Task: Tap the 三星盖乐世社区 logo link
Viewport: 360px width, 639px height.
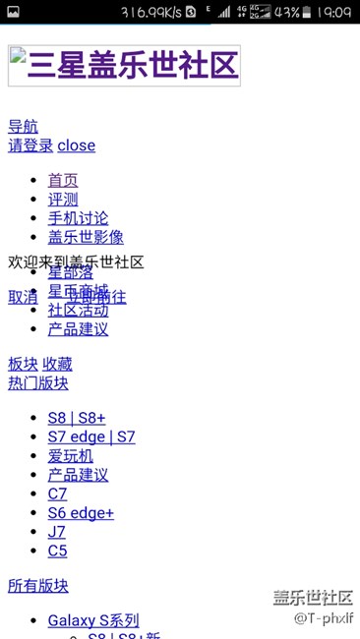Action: [123, 66]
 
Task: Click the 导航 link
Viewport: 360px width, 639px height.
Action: [24, 126]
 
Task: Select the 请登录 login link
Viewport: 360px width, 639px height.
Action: [30, 145]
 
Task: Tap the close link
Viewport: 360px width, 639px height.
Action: [77, 145]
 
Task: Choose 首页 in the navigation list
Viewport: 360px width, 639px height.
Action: [63, 180]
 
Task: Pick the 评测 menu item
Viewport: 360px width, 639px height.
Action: [63, 199]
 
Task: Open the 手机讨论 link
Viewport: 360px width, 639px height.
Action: [79, 217]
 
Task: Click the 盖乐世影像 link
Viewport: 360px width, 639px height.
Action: [86, 237]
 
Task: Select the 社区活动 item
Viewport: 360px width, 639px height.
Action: [79, 311]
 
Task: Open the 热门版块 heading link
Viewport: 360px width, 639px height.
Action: [38, 382]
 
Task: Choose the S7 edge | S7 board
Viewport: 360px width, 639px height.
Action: [91, 436]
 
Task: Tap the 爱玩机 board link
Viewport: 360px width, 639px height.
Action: [71, 455]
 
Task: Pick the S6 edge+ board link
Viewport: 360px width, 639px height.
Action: [81, 513]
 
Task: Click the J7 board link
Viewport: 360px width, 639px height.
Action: [58, 532]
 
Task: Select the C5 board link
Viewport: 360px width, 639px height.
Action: [58, 551]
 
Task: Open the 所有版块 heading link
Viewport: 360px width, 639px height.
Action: [38, 586]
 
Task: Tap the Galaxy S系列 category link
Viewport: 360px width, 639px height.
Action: [93, 620]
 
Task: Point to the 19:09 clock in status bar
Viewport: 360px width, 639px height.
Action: [335, 12]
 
